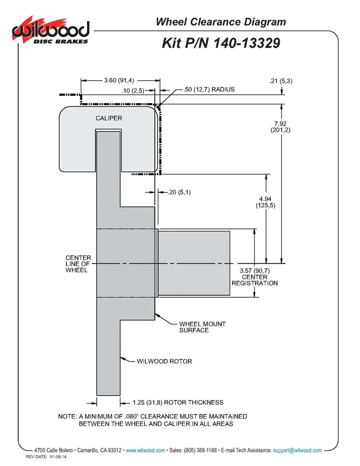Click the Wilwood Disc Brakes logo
(x=50, y=30)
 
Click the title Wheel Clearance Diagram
(x=221, y=22)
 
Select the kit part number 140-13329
(x=247, y=43)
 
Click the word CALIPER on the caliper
(x=109, y=118)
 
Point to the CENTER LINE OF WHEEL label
(x=78, y=264)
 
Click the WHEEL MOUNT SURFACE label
(x=202, y=327)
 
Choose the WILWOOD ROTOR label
(x=165, y=362)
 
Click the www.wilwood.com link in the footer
(x=146, y=450)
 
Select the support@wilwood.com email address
(x=297, y=450)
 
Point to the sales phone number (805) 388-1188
(x=201, y=450)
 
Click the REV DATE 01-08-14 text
(x=46, y=457)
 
